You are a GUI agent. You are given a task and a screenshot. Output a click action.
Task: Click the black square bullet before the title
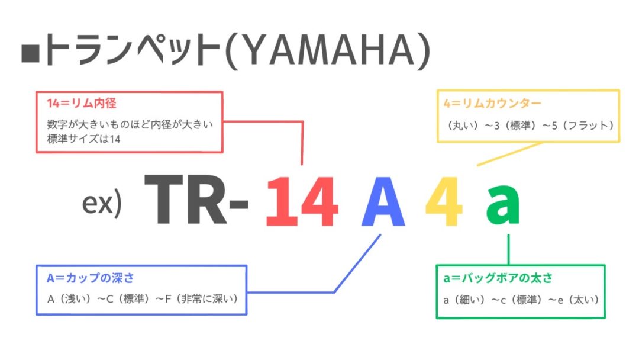[x=30, y=54]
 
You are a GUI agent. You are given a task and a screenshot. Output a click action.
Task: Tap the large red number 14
[x=302, y=201]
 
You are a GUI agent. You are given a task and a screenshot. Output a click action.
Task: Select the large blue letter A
[x=383, y=201]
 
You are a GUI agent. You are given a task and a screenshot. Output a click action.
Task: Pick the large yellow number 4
[x=444, y=201]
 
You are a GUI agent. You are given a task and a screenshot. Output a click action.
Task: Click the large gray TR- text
[x=196, y=200]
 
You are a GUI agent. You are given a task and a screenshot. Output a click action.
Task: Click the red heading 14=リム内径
[x=82, y=103]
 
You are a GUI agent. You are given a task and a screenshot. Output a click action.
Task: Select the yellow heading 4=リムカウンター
[x=492, y=103]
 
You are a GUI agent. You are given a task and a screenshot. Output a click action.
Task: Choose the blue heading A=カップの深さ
[x=90, y=278]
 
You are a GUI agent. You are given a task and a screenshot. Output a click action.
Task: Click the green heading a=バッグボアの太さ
[x=498, y=278]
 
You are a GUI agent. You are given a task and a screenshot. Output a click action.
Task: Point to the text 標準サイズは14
[x=83, y=139]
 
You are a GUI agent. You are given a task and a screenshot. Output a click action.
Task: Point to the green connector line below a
[x=509, y=249]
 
